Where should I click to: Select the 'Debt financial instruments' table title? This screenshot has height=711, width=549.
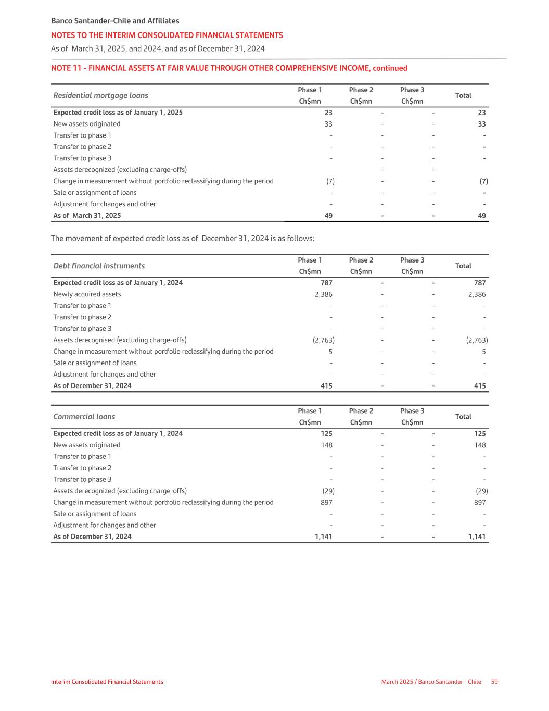(x=99, y=266)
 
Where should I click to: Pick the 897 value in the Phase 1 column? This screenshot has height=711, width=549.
(x=326, y=502)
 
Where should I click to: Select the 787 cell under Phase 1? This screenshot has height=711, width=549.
(x=326, y=283)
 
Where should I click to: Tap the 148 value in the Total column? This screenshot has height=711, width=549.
(x=479, y=445)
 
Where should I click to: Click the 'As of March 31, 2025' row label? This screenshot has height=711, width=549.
(x=87, y=216)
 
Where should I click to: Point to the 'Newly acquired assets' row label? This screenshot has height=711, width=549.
(x=87, y=294)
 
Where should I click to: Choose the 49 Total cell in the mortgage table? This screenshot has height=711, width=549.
(x=482, y=216)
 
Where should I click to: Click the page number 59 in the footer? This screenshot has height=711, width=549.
(x=494, y=682)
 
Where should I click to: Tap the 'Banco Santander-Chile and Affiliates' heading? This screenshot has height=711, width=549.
(x=115, y=21)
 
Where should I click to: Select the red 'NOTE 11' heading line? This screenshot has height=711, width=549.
(x=229, y=68)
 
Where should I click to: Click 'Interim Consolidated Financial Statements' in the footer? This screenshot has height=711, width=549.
(x=107, y=682)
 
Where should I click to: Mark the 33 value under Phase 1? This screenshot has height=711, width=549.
(x=328, y=124)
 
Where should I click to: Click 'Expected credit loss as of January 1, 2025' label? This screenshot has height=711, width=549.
(x=118, y=113)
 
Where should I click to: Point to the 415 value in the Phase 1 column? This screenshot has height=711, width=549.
(x=326, y=386)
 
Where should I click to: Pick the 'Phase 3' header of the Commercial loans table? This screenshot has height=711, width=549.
(x=412, y=411)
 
